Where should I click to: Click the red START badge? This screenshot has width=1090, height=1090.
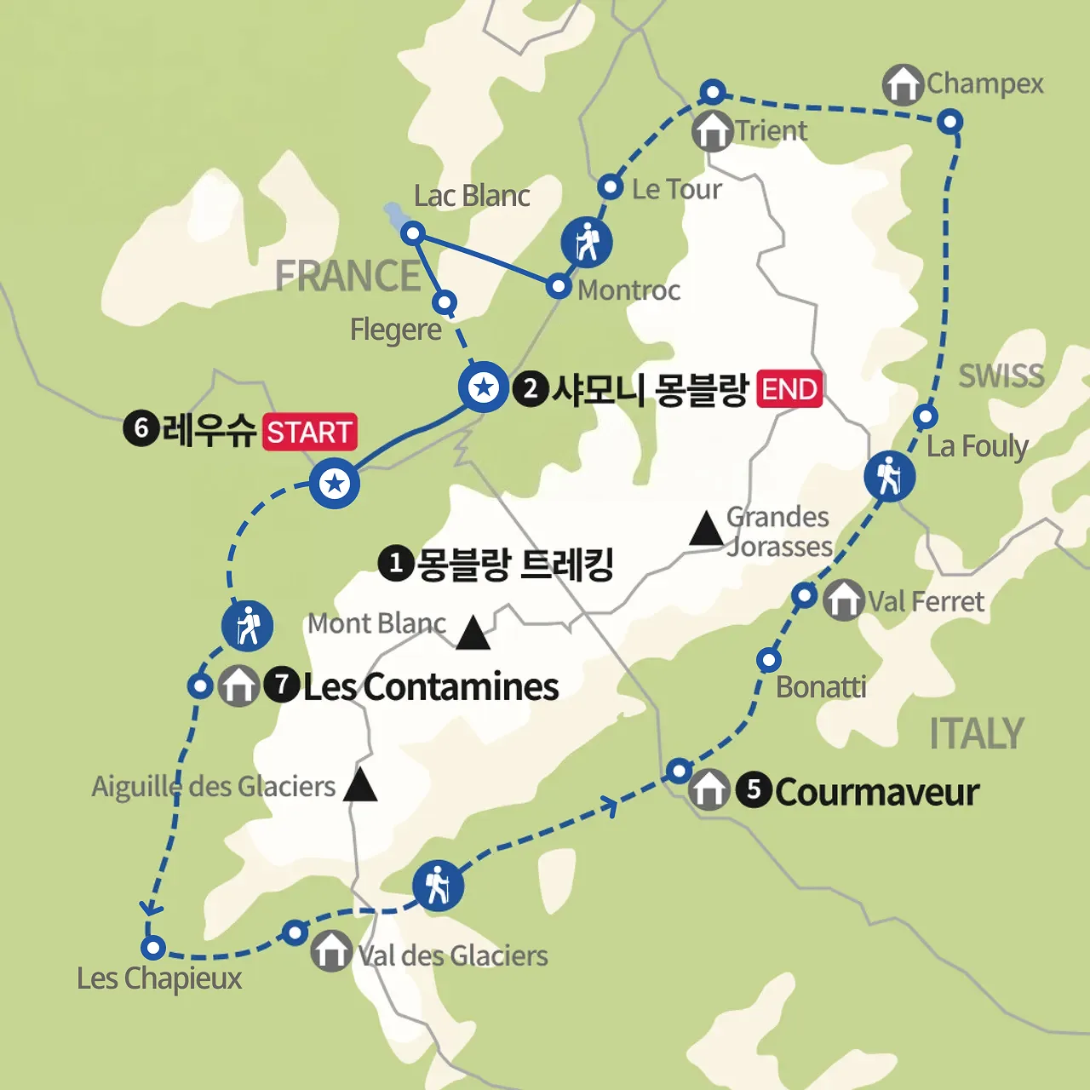[309, 432]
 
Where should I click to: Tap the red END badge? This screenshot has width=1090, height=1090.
[789, 389]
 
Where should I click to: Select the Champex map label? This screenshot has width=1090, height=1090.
[984, 83]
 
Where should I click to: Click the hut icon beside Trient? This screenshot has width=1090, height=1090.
[712, 130]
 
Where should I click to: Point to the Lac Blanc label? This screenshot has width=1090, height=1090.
[472, 196]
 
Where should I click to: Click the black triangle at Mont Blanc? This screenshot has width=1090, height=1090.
[473, 634]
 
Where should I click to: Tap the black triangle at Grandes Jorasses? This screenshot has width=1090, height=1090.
[706, 529]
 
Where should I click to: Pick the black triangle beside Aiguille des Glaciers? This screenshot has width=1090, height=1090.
[360, 785]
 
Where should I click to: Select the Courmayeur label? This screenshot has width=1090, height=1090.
[877, 792]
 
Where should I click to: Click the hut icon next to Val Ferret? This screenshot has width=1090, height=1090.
[843, 599]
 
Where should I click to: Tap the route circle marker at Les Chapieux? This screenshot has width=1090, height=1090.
[153, 947]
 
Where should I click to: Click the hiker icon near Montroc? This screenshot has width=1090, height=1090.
[587, 242]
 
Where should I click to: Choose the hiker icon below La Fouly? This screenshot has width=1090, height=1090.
[889, 476]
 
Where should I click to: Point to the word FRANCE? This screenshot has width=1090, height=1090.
[347, 277]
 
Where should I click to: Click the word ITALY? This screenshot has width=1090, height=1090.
[976, 734]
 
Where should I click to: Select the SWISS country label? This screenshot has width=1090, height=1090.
[1001, 376]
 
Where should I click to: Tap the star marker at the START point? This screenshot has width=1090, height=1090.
[335, 485]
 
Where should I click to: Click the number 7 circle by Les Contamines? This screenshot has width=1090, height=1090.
[281, 685]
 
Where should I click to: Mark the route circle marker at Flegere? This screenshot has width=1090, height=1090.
[445, 302]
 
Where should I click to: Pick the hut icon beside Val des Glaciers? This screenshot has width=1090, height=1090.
[330, 950]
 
